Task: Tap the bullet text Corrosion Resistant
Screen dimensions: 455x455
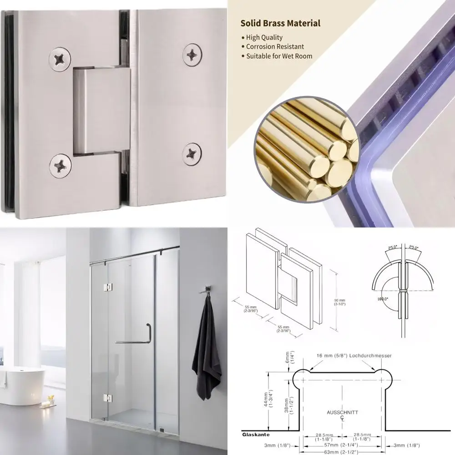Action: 275,46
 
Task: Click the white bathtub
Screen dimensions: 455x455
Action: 22,385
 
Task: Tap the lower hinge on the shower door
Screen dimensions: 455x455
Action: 108,398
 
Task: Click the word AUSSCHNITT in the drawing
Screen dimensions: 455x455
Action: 342,412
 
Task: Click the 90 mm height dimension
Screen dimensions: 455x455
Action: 339,303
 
